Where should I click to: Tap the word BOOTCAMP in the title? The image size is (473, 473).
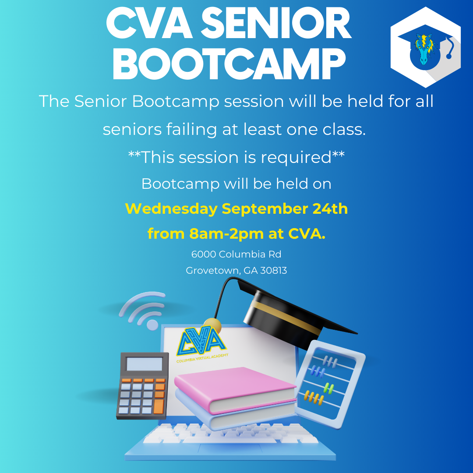[x=229, y=64]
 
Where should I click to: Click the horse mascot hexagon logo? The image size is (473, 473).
[x=425, y=47]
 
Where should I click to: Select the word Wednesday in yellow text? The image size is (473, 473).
[x=171, y=209]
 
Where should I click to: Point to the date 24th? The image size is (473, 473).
[x=330, y=208]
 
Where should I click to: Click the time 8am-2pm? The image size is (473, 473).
[x=226, y=234]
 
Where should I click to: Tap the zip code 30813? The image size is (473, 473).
[x=274, y=270]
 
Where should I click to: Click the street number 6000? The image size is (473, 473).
[x=204, y=254]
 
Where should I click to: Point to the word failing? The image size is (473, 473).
[x=191, y=130]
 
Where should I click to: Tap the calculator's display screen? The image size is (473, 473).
[x=145, y=364]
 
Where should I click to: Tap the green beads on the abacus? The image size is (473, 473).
[x=329, y=388]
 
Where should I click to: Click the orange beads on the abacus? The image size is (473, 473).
[x=314, y=398]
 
